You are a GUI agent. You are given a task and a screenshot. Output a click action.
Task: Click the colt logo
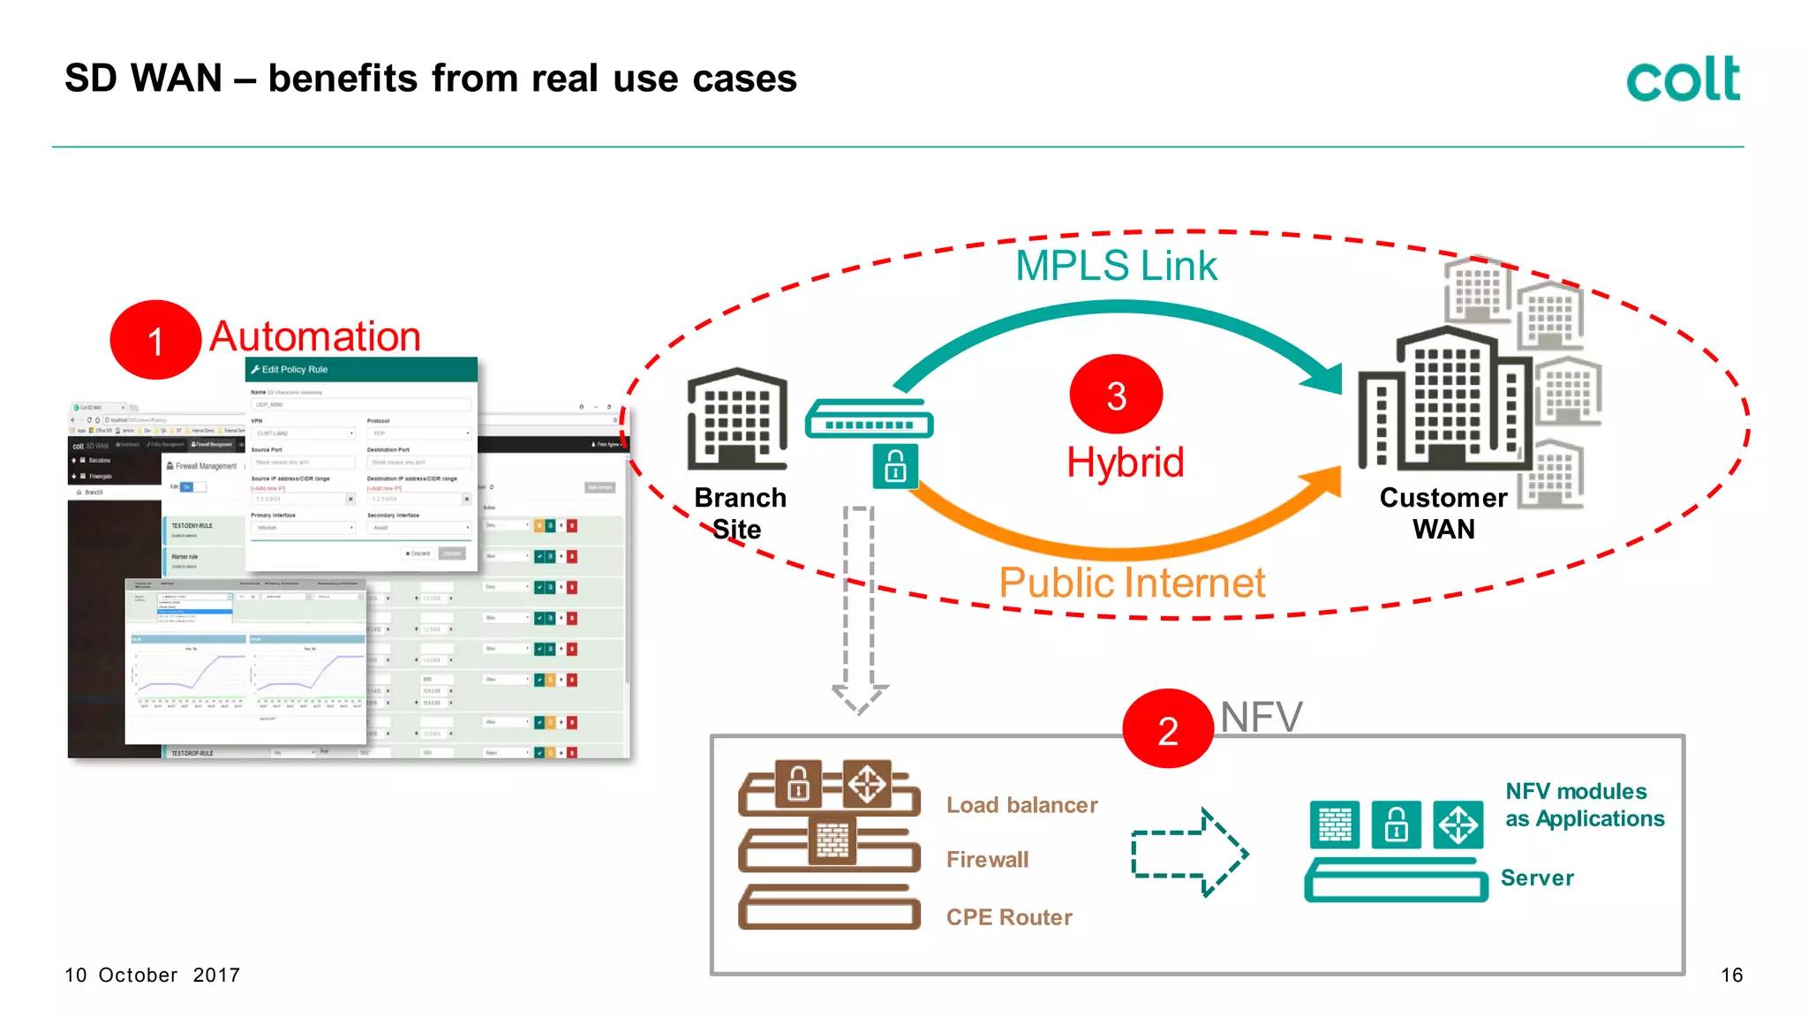pos(1683,79)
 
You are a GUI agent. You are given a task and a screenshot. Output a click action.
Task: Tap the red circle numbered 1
pos(155,341)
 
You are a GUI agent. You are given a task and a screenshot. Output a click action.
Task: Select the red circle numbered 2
pos(1167,729)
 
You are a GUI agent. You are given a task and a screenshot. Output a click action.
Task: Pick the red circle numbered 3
pos(1116,395)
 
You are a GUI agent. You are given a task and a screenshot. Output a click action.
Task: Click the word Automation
pos(315,336)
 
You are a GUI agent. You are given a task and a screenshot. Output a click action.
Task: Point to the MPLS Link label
pos(1116,266)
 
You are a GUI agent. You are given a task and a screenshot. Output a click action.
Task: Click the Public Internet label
pos(1132,583)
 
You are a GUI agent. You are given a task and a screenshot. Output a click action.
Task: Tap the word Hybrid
pos(1125,463)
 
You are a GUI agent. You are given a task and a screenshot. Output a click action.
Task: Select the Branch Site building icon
pos(737,418)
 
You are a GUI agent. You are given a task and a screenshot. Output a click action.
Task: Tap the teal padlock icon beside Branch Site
pos(895,466)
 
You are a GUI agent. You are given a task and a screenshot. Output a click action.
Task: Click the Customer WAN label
pos(1443,513)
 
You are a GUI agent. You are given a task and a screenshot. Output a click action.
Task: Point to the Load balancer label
pos(1021,805)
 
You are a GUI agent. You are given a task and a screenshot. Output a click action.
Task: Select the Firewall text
pos(987,859)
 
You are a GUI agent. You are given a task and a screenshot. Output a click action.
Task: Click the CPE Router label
pos(1009,917)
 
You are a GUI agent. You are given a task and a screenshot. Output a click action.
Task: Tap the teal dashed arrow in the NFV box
pos(1189,853)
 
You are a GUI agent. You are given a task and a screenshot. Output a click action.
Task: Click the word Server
pos(1537,878)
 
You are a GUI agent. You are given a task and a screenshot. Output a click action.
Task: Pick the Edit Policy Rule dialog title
pos(294,370)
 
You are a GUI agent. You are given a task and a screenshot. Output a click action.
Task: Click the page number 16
pos(1731,975)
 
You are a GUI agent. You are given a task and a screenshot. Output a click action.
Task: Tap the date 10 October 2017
pos(152,975)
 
